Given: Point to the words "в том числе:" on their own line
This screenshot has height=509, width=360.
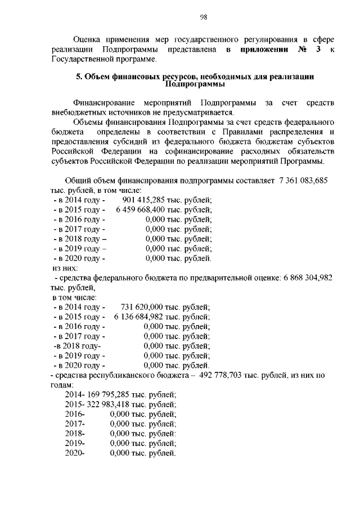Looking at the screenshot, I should coord(74,297).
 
